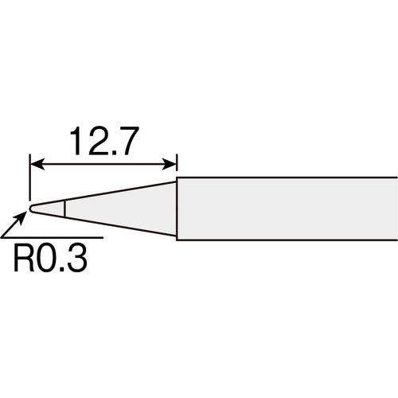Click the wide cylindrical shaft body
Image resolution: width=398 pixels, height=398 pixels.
[x=287, y=208]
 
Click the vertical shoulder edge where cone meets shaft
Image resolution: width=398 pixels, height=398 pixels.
[x=176, y=209]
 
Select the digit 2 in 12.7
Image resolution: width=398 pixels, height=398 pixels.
[x=96, y=142]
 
